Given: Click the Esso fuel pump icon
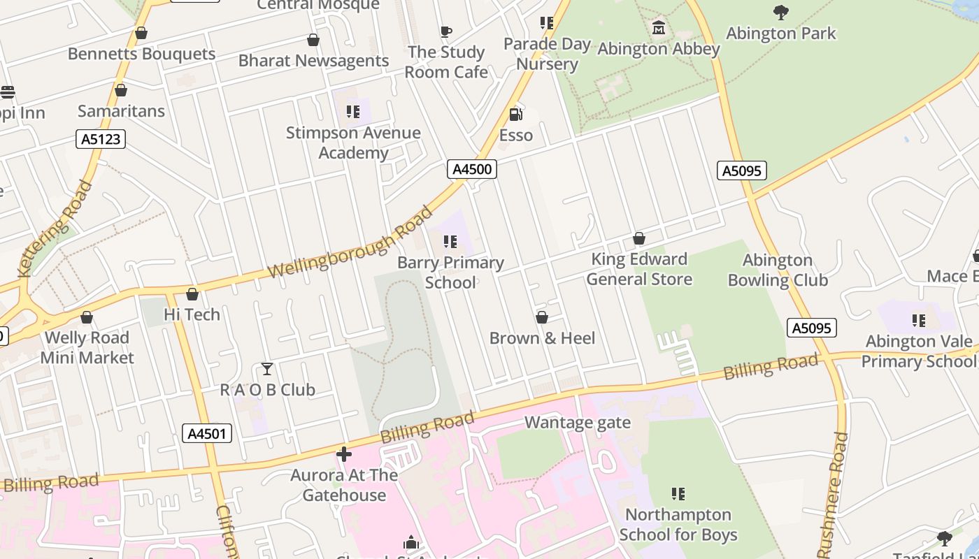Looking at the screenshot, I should tap(515, 114).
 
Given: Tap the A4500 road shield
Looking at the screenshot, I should tap(472, 169).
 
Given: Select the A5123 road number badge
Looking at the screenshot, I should tap(101, 139).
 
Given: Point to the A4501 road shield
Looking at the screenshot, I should tap(208, 433).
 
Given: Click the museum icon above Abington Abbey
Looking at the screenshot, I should tap(658, 28).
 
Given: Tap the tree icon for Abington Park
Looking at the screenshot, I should tap(781, 12).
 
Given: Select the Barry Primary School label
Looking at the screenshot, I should tap(450, 273).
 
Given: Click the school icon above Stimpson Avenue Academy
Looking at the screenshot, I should tap(353, 112).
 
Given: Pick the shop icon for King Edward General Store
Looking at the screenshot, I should tap(638, 239).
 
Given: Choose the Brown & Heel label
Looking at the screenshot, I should tap(542, 338).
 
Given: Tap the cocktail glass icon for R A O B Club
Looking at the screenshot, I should tap(267, 369).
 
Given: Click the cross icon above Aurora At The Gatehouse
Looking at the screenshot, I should tap(343, 454).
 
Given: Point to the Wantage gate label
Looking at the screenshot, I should tap(578, 423).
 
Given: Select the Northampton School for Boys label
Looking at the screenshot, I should tap(678, 525).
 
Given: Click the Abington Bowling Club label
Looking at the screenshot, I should tap(778, 270).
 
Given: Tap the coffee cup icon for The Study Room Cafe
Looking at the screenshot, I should tap(445, 31).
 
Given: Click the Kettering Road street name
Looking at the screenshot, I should tap(55, 228).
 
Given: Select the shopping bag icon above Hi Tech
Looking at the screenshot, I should tap(192, 294).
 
